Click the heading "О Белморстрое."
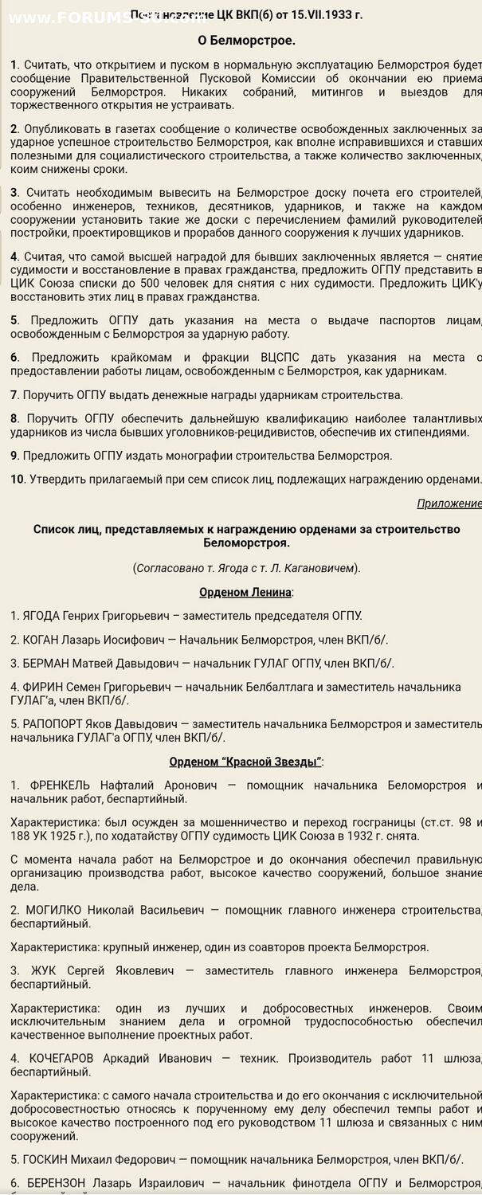click(246, 40)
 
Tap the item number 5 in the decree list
click(14, 320)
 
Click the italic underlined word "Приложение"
click(449, 503)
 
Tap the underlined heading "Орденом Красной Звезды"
click(245, 762)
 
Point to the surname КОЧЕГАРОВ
click(62, 1058)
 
